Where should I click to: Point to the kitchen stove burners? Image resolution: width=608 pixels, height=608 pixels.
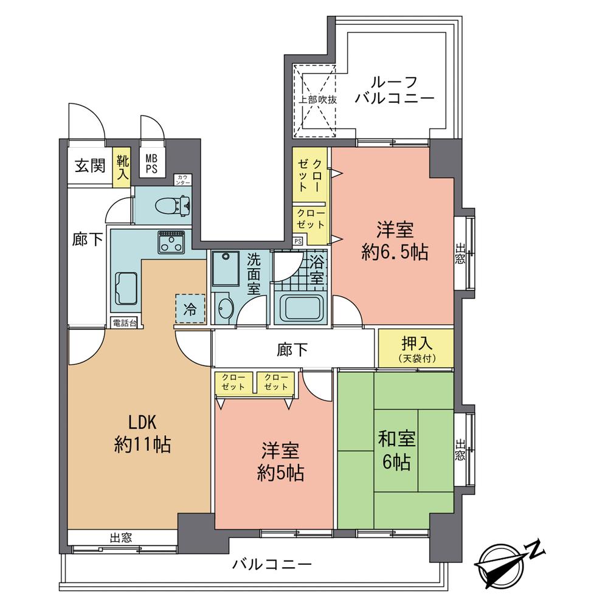171,243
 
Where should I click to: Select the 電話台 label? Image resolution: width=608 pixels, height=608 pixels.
124,322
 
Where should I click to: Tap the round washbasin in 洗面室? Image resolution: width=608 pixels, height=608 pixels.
224,309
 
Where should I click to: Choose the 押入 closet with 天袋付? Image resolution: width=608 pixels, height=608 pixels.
416,348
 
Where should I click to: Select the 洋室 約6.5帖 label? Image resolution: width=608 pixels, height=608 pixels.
395,241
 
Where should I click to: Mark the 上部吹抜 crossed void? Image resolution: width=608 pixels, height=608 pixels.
314,99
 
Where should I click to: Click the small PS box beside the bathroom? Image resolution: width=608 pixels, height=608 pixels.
297,241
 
